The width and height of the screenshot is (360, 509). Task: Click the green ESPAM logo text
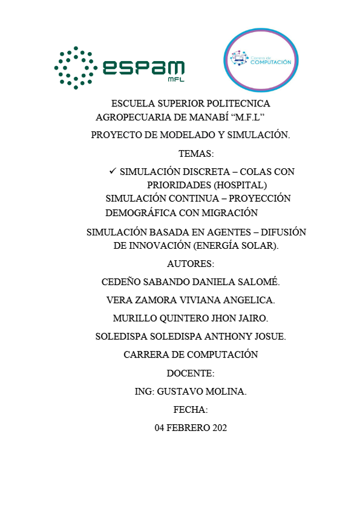(143, 67)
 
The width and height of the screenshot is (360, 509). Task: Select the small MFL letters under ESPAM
(175, 80)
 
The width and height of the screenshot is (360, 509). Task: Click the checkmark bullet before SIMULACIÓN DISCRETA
(112, 171)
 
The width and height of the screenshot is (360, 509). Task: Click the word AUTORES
(190, 264)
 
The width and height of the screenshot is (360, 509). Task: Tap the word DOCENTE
(190, 373)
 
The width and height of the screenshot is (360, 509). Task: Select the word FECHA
(190, 410)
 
